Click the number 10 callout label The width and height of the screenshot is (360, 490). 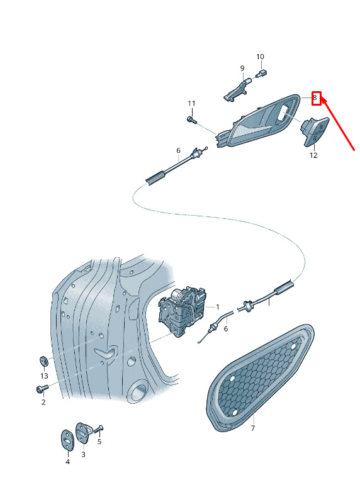[260, 57]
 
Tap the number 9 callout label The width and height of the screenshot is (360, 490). [242, 68]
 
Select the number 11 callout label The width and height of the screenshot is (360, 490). [191, 103]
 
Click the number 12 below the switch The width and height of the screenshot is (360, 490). [313, 155]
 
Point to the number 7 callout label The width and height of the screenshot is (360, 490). [253, 428]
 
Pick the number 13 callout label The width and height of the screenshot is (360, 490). [44, 376]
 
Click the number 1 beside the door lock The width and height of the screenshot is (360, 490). [217, 307]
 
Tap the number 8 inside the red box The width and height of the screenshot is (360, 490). [315, 98]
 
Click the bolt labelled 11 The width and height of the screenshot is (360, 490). [191, 120]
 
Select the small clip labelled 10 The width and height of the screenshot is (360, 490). [261, 74]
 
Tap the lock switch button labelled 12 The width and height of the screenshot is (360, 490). [314, 131]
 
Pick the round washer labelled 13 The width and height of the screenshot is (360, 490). [44, 361]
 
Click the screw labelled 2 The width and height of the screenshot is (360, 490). [42, 388]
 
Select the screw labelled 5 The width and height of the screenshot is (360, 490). [99, 430]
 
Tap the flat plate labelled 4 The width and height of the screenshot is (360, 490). [67, 440]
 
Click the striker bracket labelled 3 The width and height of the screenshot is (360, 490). [83, 433]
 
